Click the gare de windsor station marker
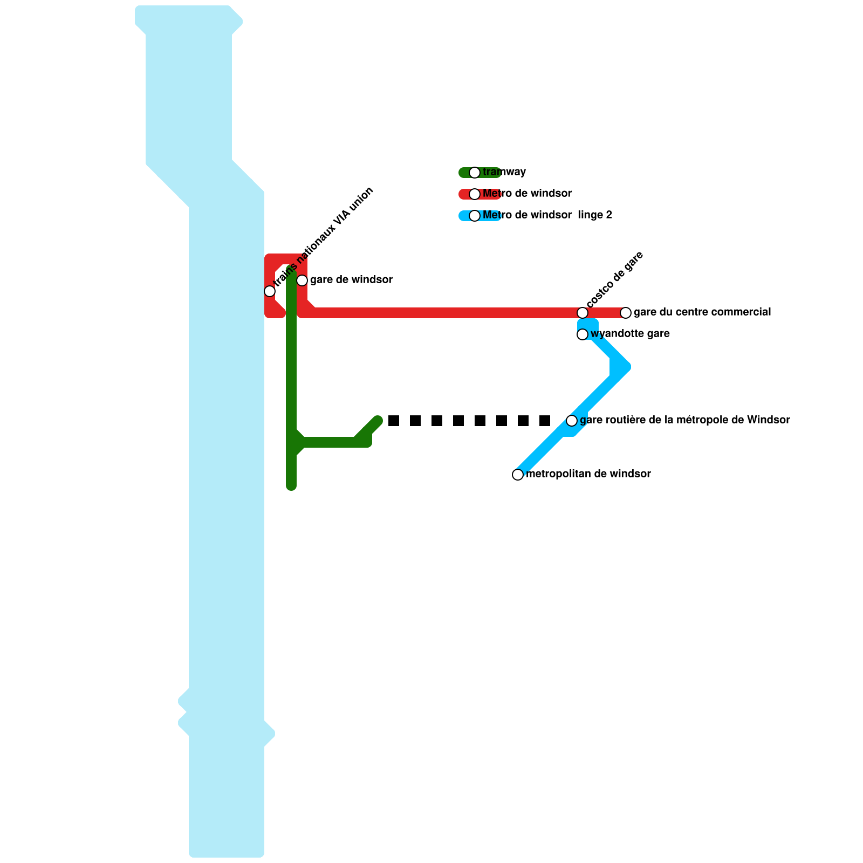click(302, 280)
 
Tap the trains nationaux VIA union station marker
click(270, 291)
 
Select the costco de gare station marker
click(583, 313)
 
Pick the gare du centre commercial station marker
click(626, 313)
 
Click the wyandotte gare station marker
click(583, 334)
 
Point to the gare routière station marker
click(572, 421)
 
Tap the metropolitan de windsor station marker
click(518, 475)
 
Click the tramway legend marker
click(475, 173)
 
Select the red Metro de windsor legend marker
click(475, 194)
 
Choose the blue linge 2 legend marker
click(475, 216)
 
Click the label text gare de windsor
click(351, 280)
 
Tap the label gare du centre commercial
click(702, 312)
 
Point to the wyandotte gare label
click(630, 334)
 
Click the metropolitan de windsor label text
click(588, 474)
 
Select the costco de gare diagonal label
click(615, 279)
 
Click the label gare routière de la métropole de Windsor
click(685, 420)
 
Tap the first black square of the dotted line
click(394, 421)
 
